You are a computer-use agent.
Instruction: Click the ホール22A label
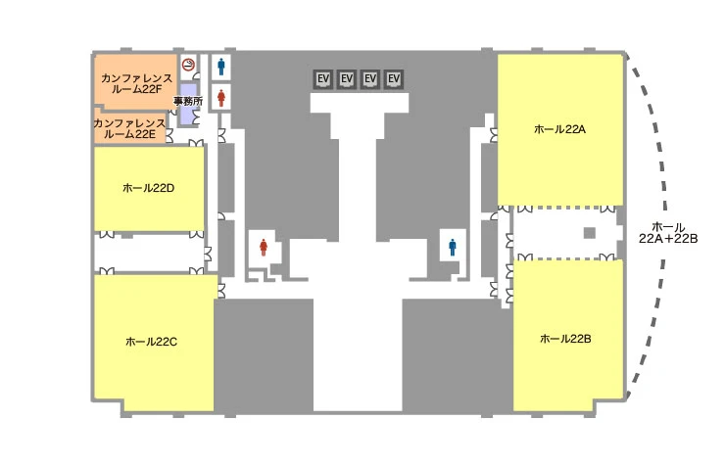tap(559, 129)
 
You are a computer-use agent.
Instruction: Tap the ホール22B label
tap(565, 339)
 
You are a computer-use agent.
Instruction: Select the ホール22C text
tap(151, 342)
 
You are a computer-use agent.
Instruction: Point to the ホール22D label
tap(148, 188)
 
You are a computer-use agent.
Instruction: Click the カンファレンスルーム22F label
tap(136, 83)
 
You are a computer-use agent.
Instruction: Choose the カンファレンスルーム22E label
tap(129, 129)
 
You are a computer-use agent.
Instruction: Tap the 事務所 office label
tap(188, 101)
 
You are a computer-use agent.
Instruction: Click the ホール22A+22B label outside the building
tap(668, 233)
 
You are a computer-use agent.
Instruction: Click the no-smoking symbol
tap(188, 65)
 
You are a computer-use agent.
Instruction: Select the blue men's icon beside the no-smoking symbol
tap(221, 67)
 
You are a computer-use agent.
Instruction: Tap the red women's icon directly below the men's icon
tap(221, 98)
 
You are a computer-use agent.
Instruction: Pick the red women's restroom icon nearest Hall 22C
tap(264, 247)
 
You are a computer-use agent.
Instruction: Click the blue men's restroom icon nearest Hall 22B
tap(453, 247)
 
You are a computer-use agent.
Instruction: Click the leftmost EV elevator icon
tap(323, 79)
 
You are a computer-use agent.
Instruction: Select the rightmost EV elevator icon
tap(394, 79)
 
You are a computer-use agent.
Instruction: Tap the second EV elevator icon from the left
tap(347, 79)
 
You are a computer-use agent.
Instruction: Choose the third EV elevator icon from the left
tap(370, 79)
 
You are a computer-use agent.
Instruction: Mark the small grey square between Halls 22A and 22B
tap(590, 233)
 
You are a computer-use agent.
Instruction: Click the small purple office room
tap(188, 104)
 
